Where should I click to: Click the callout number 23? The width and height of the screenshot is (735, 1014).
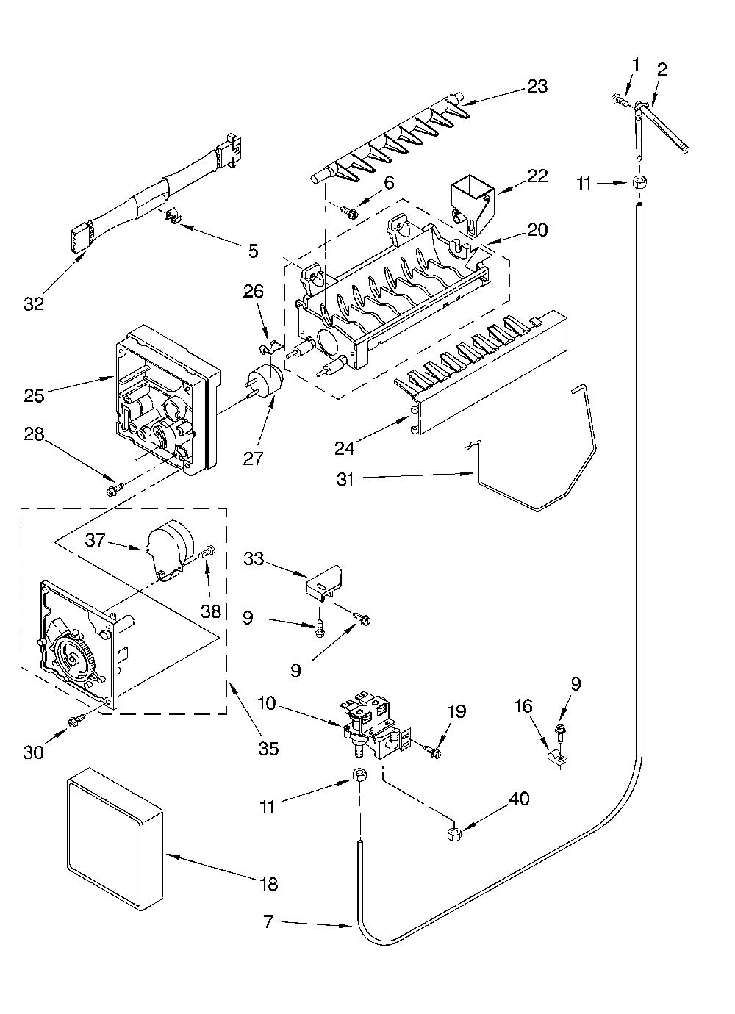coord(537,86)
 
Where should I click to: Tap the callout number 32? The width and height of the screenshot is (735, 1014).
coord(34,303)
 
